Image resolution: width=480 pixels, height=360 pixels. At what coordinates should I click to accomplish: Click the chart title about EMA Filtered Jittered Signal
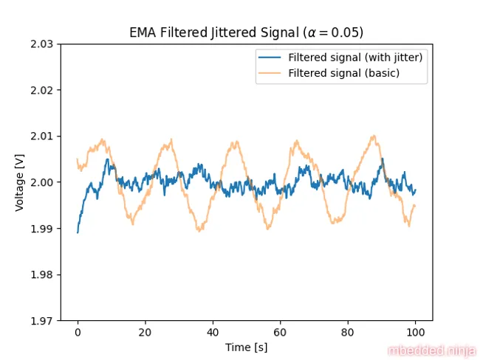tap(246, 32)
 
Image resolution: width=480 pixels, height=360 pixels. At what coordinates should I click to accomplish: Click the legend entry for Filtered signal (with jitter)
tap(354, 58)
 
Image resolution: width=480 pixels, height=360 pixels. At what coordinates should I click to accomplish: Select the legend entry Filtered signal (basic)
tap(343, 73)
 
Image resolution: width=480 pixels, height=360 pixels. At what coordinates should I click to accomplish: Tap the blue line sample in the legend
tap(270, 58)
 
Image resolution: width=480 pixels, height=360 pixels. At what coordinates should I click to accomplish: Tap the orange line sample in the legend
tap(270, 73)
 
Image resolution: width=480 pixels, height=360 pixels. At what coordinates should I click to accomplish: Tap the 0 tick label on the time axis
tap(78, 333)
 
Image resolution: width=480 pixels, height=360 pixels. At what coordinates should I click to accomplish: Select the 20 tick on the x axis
tap(145, 333)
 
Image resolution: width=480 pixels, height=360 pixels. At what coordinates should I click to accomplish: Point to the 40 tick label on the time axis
tap(213, 333)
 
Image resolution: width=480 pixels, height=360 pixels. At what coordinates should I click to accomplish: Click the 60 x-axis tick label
tap(280, 333)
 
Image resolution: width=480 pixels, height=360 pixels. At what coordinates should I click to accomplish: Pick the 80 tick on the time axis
tap(348, 333)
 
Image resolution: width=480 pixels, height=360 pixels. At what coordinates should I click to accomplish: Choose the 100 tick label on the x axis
tap(415, 333)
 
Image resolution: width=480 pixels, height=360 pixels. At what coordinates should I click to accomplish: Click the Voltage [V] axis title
tap(20, 182)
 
